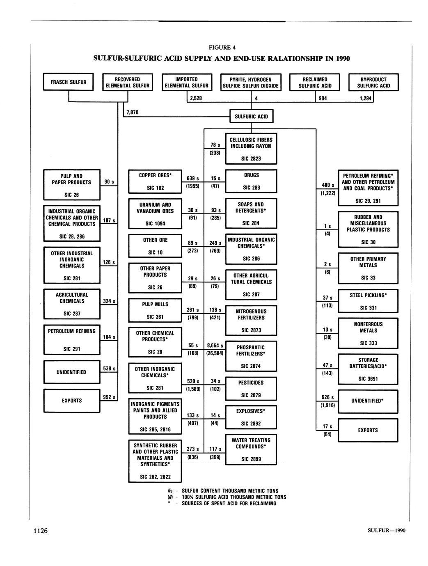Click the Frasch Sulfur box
(x=69, y=82)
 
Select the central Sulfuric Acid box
(x=251, y=116)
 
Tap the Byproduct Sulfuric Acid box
(x=373, y=82)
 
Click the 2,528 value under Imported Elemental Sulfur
(x=195, y=99)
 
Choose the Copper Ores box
(x=155, y=181)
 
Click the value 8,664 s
(x=215, y=346)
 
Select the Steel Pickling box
(x=368, y=301)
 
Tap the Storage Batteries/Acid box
(x=368, y=369)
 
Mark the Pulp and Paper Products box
(x=72, y=185)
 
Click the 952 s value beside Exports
(x=109, y=397)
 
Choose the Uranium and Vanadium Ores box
(x=155, y=214)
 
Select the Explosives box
(x=251, y=417)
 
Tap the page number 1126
(x=41, y=531)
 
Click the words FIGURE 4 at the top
(x=222, y=47)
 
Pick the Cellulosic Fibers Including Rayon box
(x=251, y=149)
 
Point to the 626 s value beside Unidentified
(x=327, y=397)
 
